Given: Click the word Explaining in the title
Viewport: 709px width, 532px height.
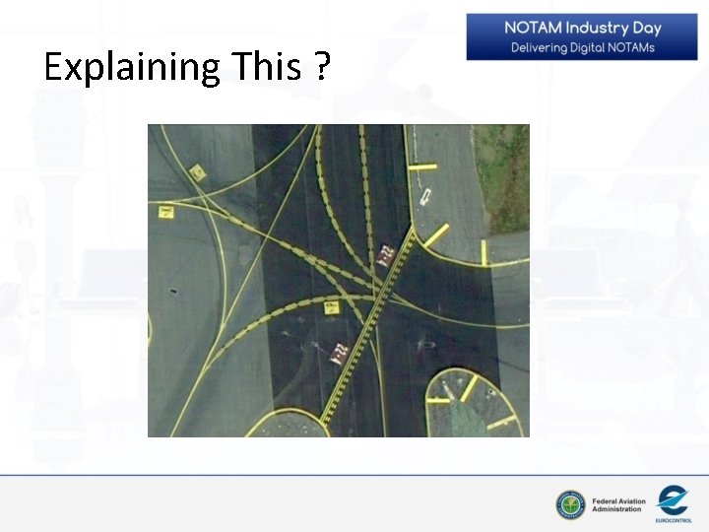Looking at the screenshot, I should coord(132,68).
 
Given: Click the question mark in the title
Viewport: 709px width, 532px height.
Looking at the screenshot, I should coord(322,68).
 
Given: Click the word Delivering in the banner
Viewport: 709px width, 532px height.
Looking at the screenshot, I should coord(542,47).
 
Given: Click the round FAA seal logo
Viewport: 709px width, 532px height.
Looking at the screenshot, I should coord(569,504).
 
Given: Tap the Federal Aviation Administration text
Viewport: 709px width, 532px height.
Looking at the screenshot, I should coord(618,504).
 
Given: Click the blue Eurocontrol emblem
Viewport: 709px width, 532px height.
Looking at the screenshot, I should coord(673,498).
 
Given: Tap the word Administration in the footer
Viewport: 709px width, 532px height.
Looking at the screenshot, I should coord(618,509).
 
